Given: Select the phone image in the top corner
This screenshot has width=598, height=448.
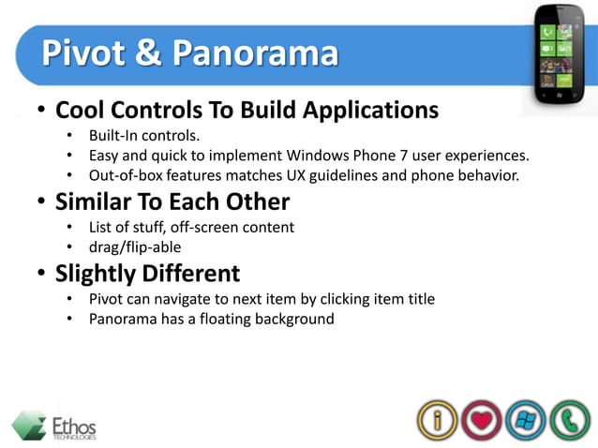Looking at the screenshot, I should point(561,55).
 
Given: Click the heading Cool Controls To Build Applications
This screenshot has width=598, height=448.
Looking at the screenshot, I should point(247,110).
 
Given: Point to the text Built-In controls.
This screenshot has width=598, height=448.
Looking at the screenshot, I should point(144,135).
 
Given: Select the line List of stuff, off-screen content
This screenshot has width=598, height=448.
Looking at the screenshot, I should point(191,227).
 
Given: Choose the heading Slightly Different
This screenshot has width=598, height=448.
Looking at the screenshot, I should point(147,274).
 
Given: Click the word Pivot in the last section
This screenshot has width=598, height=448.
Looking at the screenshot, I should point(107,299).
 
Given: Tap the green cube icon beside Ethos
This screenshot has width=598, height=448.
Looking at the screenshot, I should point(29,425).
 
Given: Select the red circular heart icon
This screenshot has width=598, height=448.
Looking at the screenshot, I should point(481,420).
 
